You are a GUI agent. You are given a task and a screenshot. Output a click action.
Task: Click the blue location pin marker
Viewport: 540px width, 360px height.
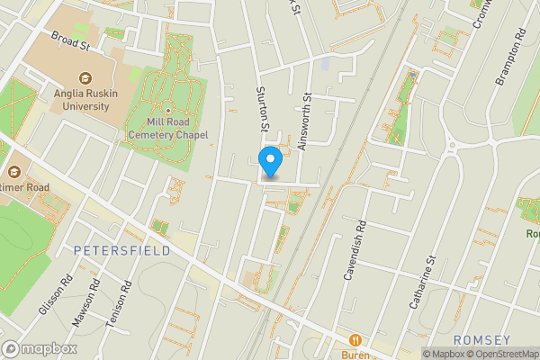270,162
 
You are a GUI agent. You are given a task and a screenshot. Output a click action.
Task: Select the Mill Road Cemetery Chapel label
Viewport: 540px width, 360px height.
168,129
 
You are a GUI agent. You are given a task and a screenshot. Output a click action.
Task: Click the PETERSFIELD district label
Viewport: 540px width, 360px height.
122,249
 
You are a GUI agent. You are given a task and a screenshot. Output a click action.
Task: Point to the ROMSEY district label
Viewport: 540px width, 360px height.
481,339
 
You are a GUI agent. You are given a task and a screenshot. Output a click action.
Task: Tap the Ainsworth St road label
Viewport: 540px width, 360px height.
307,122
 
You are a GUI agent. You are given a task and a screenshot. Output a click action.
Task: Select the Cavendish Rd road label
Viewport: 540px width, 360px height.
355,249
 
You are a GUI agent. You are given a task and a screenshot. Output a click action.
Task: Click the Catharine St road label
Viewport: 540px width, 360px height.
422,283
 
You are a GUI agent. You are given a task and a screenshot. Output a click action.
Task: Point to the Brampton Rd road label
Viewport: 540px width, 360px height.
509,61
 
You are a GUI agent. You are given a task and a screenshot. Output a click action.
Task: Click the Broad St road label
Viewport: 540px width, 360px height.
72,41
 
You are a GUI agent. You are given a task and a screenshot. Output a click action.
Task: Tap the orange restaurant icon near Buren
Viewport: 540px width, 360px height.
356,340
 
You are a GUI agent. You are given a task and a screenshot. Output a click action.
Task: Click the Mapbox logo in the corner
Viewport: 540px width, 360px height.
40,349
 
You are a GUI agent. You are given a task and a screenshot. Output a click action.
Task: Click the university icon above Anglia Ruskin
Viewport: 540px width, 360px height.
86,78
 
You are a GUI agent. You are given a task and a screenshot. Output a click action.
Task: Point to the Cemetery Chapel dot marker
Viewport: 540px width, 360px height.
167,111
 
